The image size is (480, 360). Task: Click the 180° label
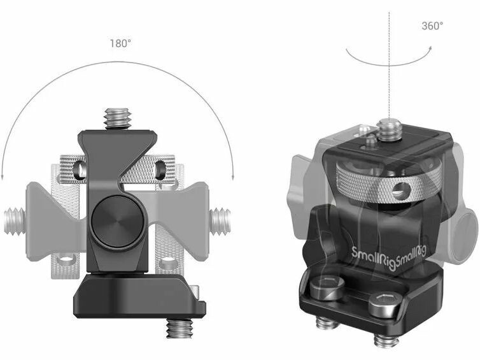tap(120, 43)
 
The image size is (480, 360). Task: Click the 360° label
tap(432, 26)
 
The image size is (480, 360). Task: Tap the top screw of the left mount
tap(118, 119)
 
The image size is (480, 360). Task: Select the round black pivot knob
tap(118, 222)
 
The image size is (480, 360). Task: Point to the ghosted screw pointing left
tap(15, 222)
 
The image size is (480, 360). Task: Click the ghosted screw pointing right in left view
tap(220, 222)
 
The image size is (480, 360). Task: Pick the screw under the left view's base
tap(180, 328)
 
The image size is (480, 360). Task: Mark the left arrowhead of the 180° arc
tap(3, 176)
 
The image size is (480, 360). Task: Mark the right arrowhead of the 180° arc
tap(233, 176)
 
